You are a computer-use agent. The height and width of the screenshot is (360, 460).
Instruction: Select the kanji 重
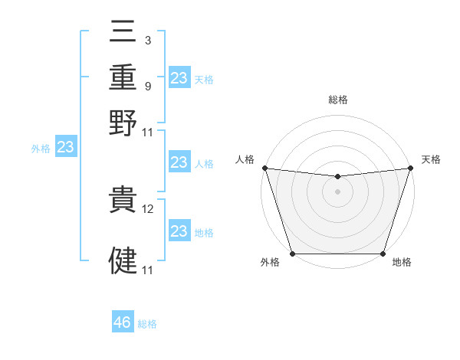pos(123,77)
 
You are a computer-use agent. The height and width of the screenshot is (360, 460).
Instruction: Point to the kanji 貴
pos(123,203)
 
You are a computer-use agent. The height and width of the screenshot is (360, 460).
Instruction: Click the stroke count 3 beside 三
pos(147,39)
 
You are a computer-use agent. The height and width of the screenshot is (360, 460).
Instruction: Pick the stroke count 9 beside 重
pos(147,86)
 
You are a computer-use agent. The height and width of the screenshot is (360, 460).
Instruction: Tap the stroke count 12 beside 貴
pos(149,208)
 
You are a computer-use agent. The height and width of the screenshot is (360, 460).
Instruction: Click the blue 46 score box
pos(123,322)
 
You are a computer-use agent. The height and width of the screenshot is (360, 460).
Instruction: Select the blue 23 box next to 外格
pos(66,147)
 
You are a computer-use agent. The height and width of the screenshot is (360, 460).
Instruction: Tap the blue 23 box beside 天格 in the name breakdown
pos(179,78)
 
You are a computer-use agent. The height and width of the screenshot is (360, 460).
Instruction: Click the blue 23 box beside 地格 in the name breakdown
pos(179,231)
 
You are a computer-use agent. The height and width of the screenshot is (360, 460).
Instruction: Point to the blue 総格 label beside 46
pos(147,324)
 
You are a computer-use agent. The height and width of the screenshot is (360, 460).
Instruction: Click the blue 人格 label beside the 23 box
pos(203,163)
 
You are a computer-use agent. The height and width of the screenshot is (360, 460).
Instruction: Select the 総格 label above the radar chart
pos(337,100)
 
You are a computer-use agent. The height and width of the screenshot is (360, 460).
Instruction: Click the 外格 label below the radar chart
pos(270,263)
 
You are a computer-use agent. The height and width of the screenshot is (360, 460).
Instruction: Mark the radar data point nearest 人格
pos(264,168)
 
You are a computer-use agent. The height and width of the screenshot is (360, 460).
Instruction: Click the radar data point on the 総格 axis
pos(337,177)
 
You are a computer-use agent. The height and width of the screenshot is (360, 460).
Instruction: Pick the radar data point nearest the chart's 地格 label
pos(383,254)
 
